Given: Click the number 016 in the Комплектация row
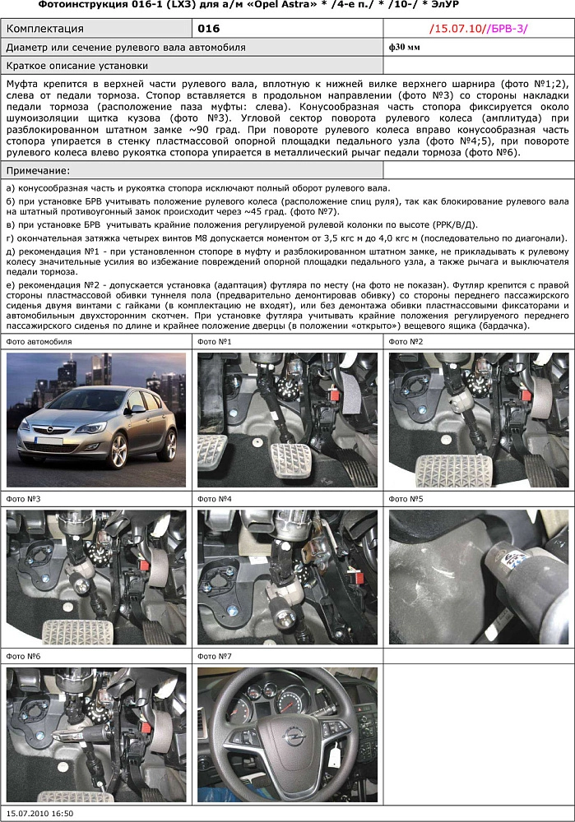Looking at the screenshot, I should (209, 29).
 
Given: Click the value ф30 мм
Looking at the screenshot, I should (404, 48).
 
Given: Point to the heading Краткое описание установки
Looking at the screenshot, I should (77, 66).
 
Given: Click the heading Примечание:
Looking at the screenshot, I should (38, 170).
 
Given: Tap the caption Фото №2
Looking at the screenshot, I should (406, 341).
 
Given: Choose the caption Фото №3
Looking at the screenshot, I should (24, 499).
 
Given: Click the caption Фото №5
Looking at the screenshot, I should (406, 499).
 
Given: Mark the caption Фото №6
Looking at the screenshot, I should (24, 657).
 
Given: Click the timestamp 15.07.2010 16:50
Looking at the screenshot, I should (39, 814).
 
